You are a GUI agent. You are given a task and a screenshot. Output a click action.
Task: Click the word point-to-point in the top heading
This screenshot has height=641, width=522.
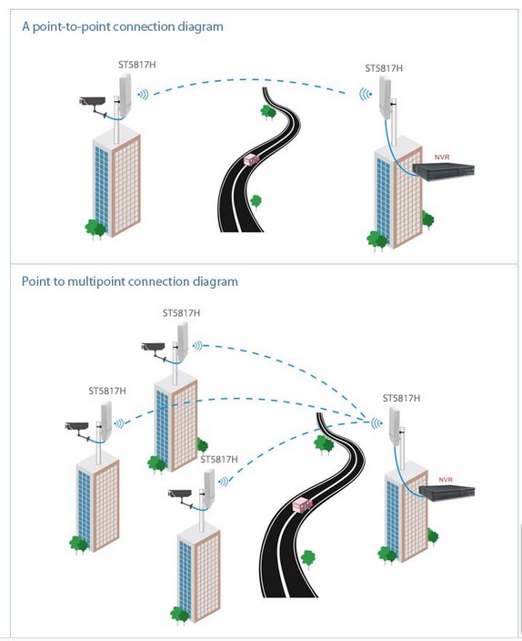click(71, 27)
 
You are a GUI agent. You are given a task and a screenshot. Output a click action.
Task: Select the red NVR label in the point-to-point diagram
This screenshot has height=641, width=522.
click(442, 157)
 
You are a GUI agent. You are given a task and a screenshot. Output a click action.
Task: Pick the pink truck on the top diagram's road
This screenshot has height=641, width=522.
click(252, 159)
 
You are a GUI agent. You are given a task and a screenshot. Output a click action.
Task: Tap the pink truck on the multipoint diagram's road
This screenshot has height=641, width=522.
click(302, 504)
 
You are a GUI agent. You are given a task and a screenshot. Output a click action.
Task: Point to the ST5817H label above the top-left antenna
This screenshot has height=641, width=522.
click(136, 65)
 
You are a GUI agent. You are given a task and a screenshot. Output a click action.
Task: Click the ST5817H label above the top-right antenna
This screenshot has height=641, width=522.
click(384, 68)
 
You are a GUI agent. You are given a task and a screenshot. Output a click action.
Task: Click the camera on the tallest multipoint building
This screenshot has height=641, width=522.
click(155, 350)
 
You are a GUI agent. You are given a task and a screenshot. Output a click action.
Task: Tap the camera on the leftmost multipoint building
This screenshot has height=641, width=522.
click(78, 429)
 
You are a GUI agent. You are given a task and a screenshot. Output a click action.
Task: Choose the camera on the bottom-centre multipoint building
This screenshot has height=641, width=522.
click(181, 497)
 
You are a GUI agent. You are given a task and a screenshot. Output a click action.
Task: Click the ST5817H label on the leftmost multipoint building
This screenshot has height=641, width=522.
click(107, 391)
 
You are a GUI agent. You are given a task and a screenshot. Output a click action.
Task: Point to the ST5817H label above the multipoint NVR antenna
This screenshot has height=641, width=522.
click(401, 398)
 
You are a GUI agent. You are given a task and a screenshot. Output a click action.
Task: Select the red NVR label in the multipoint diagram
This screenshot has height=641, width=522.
click(446, 480)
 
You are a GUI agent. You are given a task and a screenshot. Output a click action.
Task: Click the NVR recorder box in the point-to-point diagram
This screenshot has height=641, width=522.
click(444, 171)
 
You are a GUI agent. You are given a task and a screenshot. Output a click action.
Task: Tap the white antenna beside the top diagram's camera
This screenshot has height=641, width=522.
click(125, 96)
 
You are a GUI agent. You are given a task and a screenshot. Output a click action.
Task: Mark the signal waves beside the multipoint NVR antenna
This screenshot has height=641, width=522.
click(376, 423)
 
